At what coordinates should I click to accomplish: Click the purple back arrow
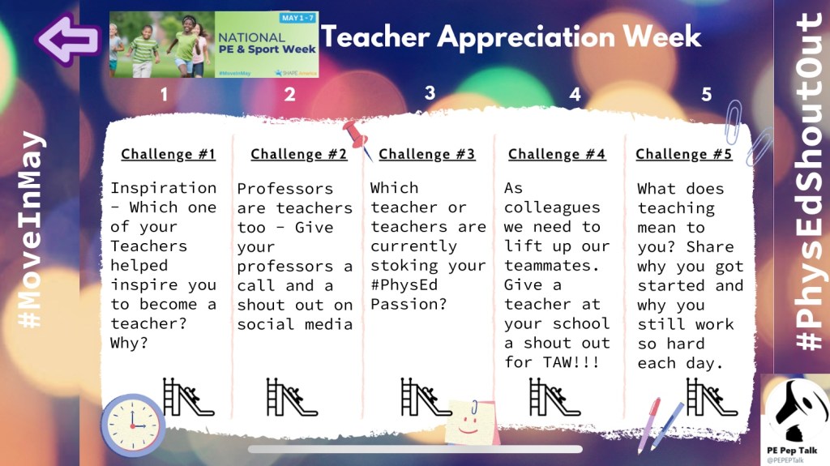pyautogui.click(x=68, y=40)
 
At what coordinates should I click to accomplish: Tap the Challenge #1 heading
pyautogui.click(x=168, y=154)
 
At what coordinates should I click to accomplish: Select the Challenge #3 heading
pyautogui.click(x=426, y=154)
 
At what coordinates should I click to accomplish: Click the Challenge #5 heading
pyautogui.click(x=683, y=154)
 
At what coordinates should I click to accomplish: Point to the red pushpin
pyautogui.click(x=357, y=138)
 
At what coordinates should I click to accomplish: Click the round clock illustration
pyautogui.click(x=132, y=425)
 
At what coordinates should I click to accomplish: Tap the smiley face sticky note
pyautogui.click(x=470, y=422)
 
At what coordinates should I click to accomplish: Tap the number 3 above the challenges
pyautogui.click(x=430, y=93)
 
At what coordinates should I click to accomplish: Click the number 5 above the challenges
pyautogui.click(x=706, y=95)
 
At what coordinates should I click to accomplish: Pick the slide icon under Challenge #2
pyautogui.click(x=292, y=397)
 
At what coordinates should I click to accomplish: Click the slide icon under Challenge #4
pyautogui.click(x=554, y=397)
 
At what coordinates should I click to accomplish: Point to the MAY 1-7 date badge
pyautogui.click(x=297, y=18)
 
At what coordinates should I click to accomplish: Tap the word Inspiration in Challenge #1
pyautogui.click(x=163, y=188)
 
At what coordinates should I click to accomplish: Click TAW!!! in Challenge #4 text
pyautogui.click(x=571, y=362)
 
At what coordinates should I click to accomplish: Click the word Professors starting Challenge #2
pyautogui.click(x=285, y=189)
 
